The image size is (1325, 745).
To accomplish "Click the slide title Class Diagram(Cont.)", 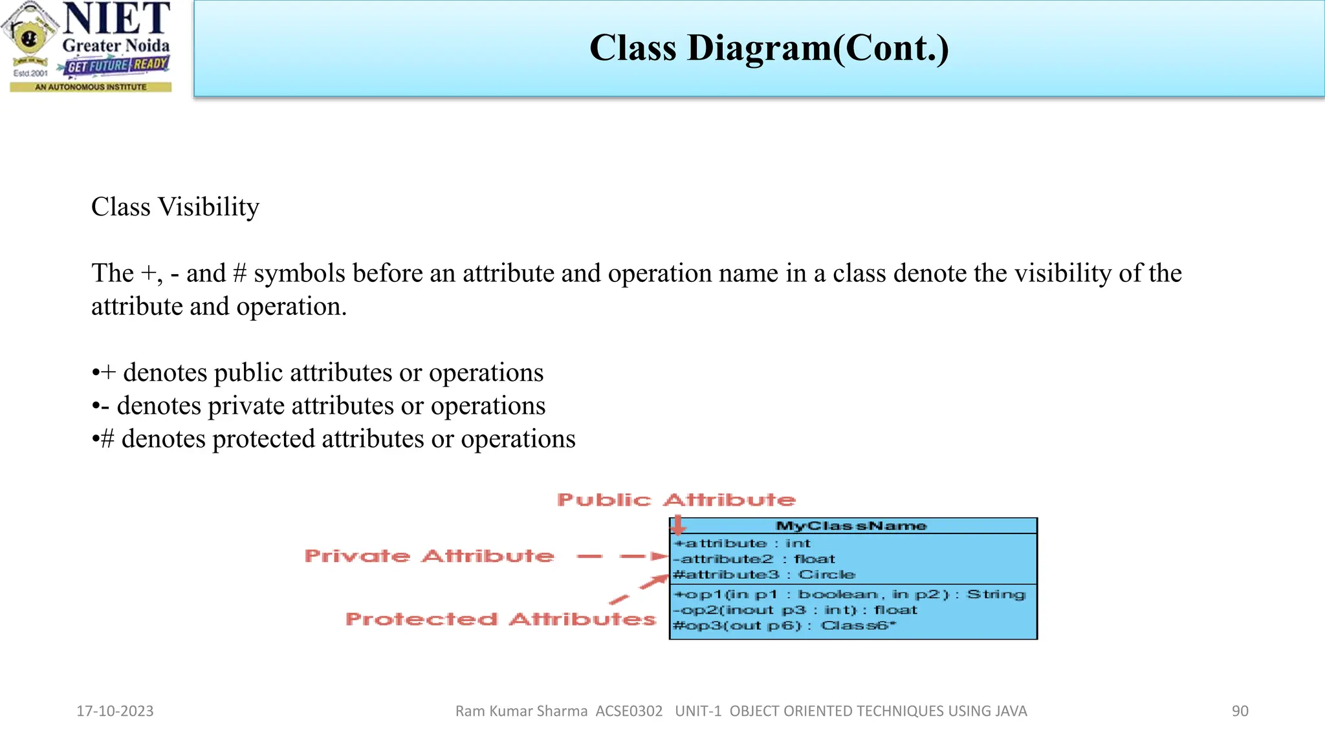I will click(769, 49).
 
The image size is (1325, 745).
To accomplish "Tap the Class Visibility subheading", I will click(175, 208).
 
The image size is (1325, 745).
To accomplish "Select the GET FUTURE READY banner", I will click(117, 65).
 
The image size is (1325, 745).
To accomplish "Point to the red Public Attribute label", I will click(676, 500).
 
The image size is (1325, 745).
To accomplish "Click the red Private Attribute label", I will click(430, 556).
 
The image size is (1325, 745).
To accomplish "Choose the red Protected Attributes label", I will click(501, 620).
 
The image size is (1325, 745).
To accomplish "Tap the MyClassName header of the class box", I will click(851, 526).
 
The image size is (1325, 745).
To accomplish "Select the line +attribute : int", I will click(741, 543).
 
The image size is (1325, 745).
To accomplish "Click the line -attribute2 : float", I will click(754, 559).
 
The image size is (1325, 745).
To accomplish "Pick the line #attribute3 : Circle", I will click(763, 574).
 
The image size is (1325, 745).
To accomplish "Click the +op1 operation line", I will click(849, 594).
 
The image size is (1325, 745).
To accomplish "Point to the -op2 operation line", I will click(795, 610).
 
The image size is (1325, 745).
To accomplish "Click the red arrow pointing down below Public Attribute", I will click(677, 524).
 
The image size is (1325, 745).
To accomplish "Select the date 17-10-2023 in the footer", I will click(115, 711).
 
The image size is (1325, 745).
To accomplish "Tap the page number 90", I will click(1240, 711).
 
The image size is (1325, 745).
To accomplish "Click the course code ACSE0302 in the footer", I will click(629, 711).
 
